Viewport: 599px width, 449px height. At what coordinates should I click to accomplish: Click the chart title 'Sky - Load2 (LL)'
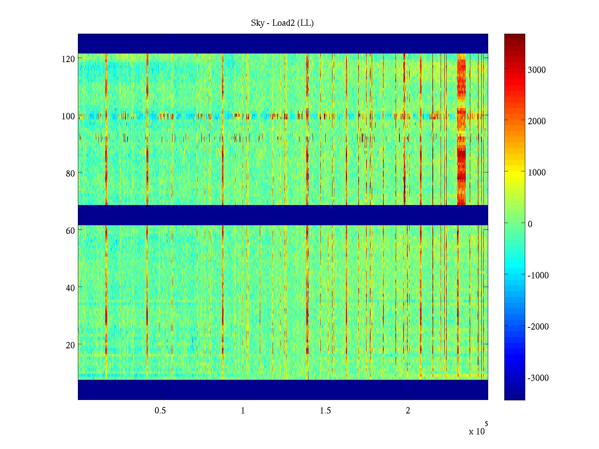(x=282, y=23)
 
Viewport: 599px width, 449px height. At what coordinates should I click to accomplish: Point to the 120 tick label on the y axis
(x=68, y=59)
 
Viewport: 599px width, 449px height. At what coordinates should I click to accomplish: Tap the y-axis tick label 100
(x=68, y=116)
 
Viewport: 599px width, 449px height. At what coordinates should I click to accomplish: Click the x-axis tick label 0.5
(x=160, y=411)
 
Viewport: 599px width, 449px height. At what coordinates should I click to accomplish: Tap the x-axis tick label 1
(x=243, y=411)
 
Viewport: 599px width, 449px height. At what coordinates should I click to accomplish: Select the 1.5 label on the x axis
(x=325, y=411)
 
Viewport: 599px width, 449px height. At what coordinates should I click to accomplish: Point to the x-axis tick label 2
(x=408, y=411)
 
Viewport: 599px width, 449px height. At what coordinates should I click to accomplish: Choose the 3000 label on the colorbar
(x=537, y=70)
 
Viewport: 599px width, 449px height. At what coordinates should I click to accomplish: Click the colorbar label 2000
(x=537, y=121)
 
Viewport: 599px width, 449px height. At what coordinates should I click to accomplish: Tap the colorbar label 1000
(x=537, y=172)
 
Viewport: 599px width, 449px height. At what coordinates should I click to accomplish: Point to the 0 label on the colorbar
(x=530, y=224)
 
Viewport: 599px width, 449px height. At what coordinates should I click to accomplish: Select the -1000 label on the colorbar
(x=538, y=275)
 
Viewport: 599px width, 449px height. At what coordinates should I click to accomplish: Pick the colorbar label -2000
(x=538, y=327)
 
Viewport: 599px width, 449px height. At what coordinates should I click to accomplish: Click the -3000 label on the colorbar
(x=538, y=378)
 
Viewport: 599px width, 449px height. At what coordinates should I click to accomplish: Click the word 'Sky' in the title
(x=258, y=23)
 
